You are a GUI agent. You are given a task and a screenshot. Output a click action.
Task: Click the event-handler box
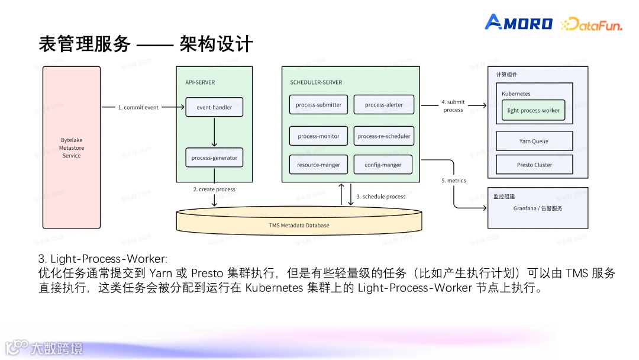214,107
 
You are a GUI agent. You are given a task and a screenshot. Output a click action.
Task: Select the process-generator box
214,158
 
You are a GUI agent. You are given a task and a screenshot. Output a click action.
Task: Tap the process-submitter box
319,105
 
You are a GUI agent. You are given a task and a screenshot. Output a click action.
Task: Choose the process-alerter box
384,105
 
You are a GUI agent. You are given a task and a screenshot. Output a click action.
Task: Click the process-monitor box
319,136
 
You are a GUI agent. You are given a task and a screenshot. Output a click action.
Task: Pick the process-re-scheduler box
384,136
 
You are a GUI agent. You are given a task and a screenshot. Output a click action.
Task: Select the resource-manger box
319,165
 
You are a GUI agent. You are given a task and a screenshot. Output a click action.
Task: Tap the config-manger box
384,165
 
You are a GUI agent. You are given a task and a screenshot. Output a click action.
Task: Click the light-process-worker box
533,110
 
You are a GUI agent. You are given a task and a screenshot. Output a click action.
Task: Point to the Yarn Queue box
534,142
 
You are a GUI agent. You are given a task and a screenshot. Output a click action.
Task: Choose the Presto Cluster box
534,165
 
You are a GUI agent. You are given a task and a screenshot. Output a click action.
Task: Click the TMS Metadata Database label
299,225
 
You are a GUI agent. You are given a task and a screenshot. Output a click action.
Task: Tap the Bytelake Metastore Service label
72,148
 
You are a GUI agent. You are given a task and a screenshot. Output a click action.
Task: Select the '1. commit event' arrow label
138,108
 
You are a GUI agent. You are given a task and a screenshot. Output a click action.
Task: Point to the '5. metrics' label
454,181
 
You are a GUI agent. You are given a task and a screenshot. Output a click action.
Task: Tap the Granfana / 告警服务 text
537,208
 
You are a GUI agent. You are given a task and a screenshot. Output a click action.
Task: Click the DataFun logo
591,24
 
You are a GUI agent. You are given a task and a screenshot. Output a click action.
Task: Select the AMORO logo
519,23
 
